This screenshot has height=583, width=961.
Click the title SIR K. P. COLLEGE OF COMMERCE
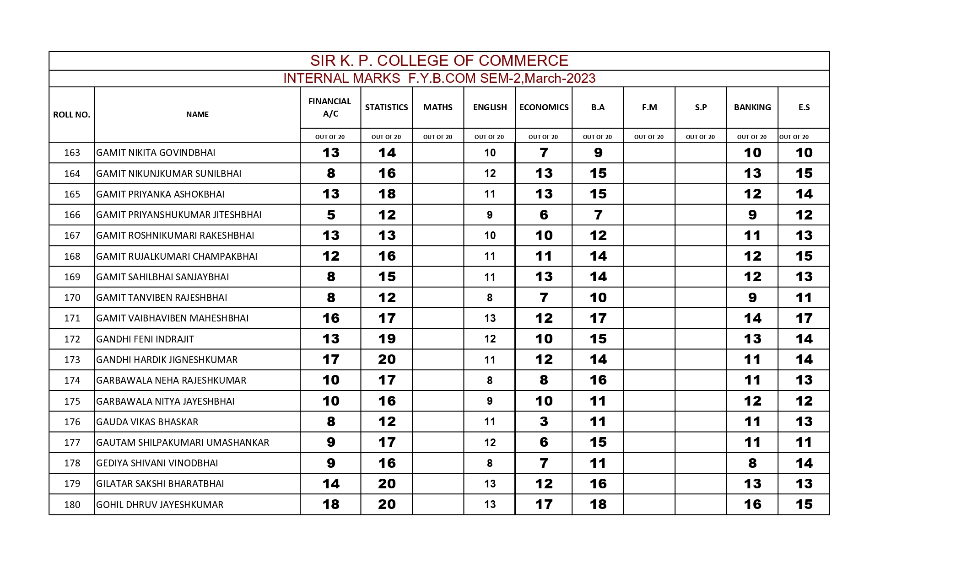coord(439,61)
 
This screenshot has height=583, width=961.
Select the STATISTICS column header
coord(386,107)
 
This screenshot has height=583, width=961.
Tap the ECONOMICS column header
coord(544,107)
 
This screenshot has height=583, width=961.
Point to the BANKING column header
coord(752,107)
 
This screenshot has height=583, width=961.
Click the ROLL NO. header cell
coord(71,115)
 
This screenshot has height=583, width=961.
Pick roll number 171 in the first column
coord(72,318)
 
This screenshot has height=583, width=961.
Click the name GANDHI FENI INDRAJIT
coord(145,339)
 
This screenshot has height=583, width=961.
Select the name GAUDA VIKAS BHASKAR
coord(147,422)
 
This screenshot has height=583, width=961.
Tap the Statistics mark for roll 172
coord(387,339)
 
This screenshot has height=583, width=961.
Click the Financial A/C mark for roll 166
coord(331,215)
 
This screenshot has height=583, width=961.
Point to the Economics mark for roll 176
coord(544,422)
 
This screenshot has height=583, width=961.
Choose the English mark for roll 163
coord(490,153)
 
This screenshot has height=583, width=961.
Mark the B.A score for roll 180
coord(598,504)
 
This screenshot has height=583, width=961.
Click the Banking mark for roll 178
coord(752,463)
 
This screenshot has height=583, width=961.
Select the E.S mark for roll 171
coord(804,318)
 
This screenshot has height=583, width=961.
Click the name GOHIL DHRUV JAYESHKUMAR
coord(160,505)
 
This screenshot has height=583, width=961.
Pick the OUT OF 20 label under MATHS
coord(437,137)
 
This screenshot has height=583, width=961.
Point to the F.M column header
coord(649,107)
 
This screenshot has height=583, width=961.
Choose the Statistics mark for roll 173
coord(387,359)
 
